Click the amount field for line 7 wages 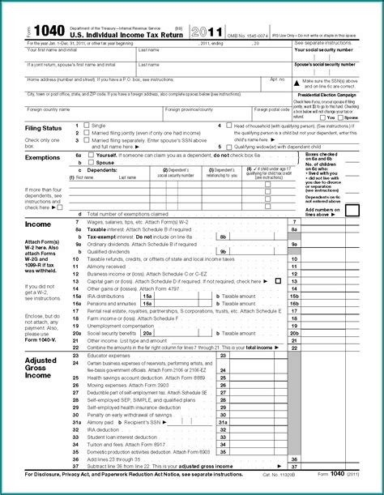click(x=332, y=221)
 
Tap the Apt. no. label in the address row click(x=277, y=79)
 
